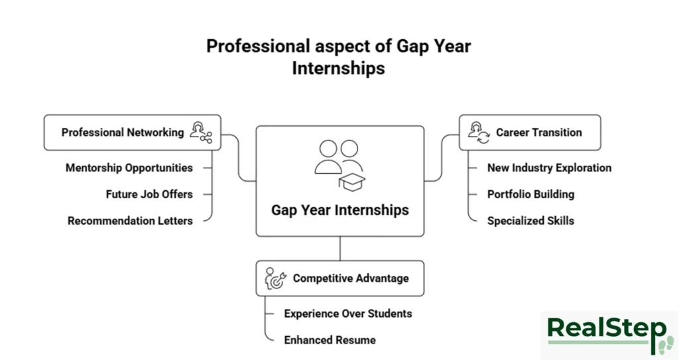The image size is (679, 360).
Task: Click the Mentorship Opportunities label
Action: pyautogui.click(x=129, y=168)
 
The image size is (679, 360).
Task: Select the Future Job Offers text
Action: pyautogui.click(x=149, y=194)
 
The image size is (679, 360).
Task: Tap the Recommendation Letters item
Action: pyautogui.click(x=130, y=221)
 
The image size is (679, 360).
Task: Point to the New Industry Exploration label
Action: pyautogui.click(x=549, y=168)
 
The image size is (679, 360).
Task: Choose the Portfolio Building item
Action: pyautogui.click(x=530, y=194)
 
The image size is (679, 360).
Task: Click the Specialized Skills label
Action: pyautogui.click(x=530, y=221)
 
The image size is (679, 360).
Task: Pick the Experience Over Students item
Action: pyautogui.click(x=348, y=314)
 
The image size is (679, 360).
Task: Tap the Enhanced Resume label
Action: pyautogui.click(x=330, y=340)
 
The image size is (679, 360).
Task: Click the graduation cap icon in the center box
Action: pyautogui.click(x=351, y=181)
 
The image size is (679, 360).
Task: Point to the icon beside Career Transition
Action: pyautogui.click(x=477, y=133)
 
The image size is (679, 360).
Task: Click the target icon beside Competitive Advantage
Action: pyautogui.click(x=275, y=279)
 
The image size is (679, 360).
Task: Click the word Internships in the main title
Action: pyautogui.click(x=338, y=68)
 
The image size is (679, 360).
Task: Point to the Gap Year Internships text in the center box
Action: pyautogui.click(x=339, y=210)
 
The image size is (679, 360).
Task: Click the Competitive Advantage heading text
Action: pyautogui.click(x=351, y=278)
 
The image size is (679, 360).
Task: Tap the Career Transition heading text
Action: pyautogui.click(x=538, y=133)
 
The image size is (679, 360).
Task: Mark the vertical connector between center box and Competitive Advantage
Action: pyautogui.click(x=339, y=249)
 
